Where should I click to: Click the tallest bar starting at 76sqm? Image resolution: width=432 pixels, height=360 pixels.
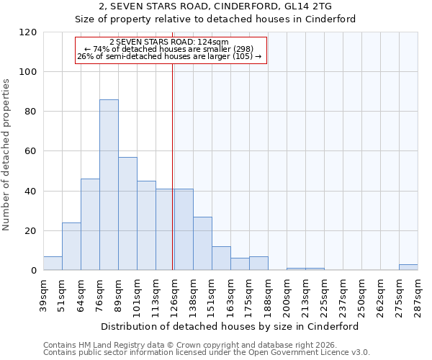tap(109, 185)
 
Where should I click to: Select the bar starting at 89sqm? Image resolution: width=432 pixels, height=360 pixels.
tap(127, 214)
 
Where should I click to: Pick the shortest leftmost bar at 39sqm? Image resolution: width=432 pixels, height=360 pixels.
tap(53, 264)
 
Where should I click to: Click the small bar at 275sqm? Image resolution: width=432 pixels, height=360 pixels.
tap(408, 267)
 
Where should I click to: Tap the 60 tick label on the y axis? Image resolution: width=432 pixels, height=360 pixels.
tap(31, 152)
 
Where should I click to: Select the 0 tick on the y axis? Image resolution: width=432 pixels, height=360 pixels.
tap(34, 271)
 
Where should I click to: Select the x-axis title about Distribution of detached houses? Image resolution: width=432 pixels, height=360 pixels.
tap(230, 326)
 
